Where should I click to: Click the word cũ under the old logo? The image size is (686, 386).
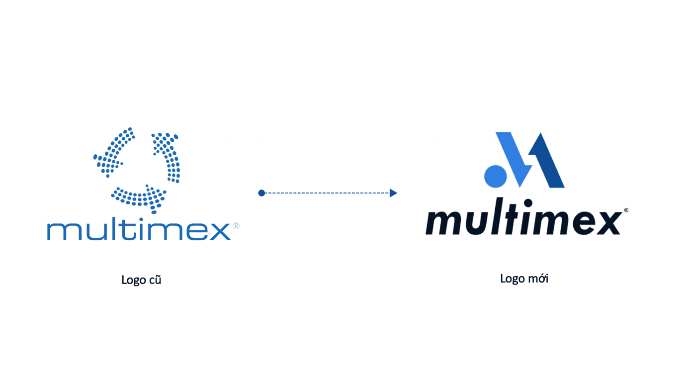point(155,280)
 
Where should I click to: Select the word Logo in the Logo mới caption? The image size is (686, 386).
point(512,279)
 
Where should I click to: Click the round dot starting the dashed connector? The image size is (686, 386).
point(261,193)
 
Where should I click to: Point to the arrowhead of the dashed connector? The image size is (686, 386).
point(393,193)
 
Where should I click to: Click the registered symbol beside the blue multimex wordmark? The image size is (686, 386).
point(236,226)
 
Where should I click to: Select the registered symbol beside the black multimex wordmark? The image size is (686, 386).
point(625,210)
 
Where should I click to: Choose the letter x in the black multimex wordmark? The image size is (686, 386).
point(605,222)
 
